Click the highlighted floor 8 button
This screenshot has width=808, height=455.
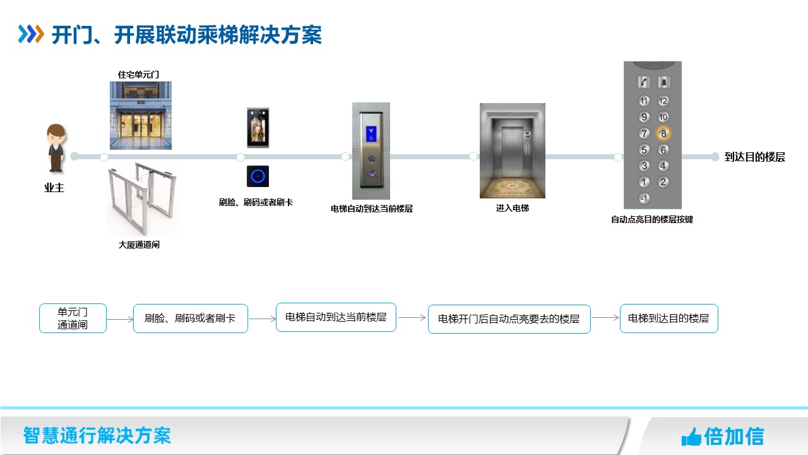(663, 133)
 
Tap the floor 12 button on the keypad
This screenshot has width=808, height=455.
(663, 100)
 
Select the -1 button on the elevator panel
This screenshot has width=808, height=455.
(644, 198)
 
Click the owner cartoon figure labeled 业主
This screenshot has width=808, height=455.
(56, 149)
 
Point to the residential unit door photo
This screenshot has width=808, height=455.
(141, 115)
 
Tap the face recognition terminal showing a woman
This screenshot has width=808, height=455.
(258, 128)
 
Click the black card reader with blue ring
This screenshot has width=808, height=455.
(258, 176)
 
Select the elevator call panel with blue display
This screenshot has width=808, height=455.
(371, 150)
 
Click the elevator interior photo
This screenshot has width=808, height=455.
(512, 150)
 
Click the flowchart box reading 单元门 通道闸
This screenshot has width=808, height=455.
(73, 318)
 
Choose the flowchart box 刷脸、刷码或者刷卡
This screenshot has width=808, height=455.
(190, 318)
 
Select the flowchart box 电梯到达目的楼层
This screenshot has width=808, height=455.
(668, 318)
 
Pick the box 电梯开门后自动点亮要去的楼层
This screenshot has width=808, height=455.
(509, 319)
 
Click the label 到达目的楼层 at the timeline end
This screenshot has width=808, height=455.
(754, 157)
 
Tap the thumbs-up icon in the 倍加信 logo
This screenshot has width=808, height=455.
(691, 437)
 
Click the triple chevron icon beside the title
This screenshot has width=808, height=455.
(31, 34)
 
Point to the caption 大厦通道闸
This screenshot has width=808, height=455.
(139, 245)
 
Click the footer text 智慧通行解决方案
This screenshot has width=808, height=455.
(97, 435)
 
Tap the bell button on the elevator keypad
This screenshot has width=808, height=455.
(663, 82)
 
